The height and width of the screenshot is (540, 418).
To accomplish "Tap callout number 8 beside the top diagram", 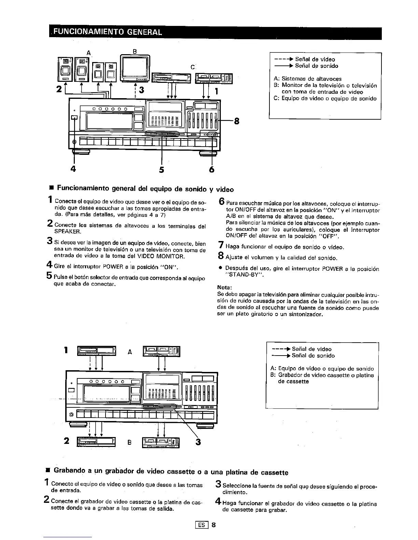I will [x=237, y=121].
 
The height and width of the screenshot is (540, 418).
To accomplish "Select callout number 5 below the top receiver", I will [x=161, y=169].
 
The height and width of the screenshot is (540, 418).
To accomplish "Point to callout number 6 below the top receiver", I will [x=212, y=169].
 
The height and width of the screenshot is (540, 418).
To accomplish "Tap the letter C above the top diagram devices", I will [x=193, y=67].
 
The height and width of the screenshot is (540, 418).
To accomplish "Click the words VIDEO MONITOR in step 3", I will [x=163, y=256].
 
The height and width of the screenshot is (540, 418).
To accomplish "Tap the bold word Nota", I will [x=224, y=287].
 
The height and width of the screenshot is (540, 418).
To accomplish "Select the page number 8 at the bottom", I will [x=213, y=525].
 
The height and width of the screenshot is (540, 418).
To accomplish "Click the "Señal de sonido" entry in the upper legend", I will [x=316, y=66].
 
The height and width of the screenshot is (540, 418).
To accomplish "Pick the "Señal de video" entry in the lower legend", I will [x=311, y=349].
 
